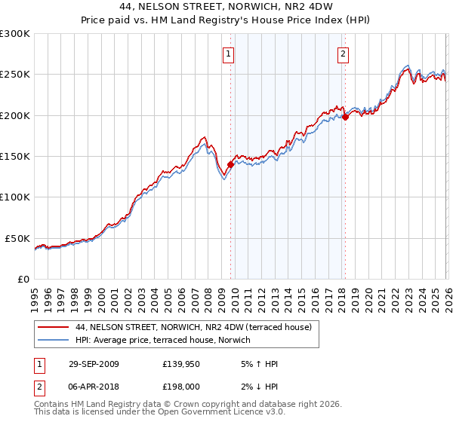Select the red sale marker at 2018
pos(344,117)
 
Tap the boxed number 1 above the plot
pos(228,53)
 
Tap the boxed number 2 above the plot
pos(343,53)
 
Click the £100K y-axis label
pos(15,197)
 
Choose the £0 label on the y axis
pos(23,279)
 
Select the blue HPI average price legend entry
pos(166,341)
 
